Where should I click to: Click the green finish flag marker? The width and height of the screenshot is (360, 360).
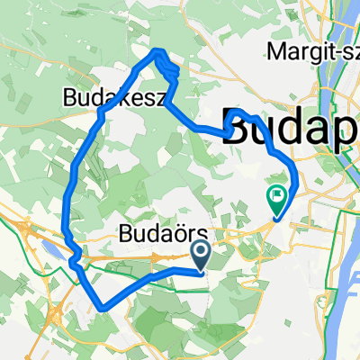pos(277,194)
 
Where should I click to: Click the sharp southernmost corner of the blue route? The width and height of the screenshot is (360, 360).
pos(104,308)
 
